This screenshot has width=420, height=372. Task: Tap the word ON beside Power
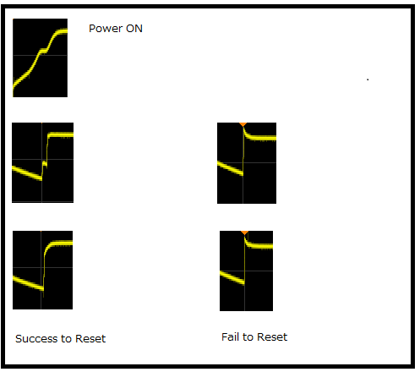[134, 29]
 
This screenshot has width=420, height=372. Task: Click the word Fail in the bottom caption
[230, 336]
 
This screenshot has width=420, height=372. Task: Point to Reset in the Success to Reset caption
[90, 338]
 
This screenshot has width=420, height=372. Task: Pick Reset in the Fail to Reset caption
[272, 336]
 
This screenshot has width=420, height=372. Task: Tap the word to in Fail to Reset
[248, 336]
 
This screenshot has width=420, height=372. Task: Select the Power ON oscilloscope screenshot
[40, 57]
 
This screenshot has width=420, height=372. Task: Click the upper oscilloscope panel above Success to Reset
[42, 162]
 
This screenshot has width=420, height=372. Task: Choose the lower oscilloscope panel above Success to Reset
[42, 270]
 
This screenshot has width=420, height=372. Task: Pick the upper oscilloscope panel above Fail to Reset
[247, 163]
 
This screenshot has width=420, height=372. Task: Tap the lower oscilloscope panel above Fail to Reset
[246, 271]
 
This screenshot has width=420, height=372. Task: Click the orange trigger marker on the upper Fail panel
[243, 124]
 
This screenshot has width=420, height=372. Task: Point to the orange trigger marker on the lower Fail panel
[244, 232]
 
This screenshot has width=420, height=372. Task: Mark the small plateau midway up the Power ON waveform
[43, 51]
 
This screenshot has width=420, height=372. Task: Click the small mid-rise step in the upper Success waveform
[44, 163]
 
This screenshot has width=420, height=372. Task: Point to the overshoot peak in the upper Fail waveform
[244, 128]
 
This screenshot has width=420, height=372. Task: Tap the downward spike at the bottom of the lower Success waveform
[43, 293]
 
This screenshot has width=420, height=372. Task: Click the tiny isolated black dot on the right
[368, 79]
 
